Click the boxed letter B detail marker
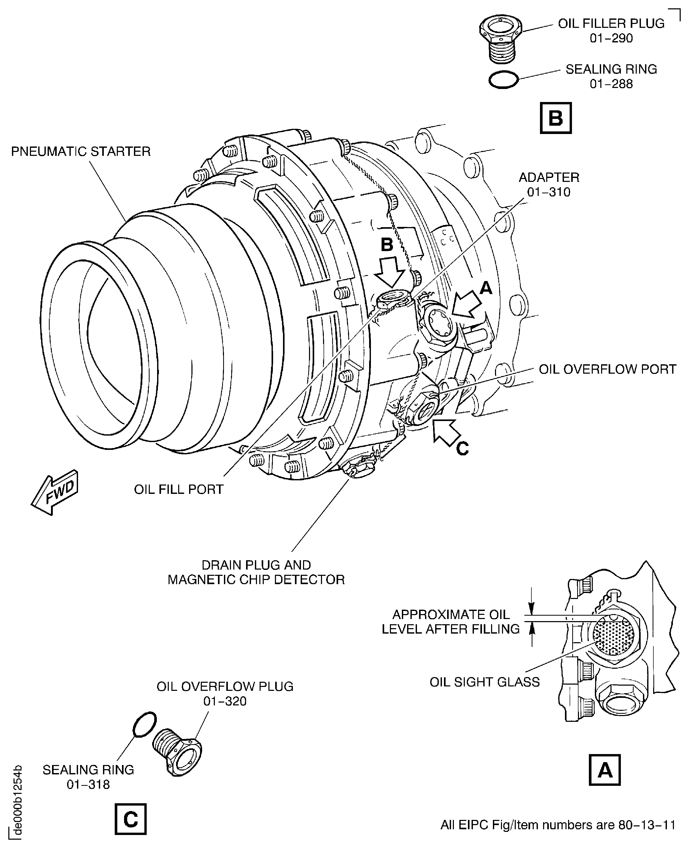point(556,118)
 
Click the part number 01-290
point(611,39)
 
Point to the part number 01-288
point(611,84)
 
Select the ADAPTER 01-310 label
point(549,185)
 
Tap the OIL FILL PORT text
point(178,489)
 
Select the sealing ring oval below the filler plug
point(503,80)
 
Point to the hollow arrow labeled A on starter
point(466,304)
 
